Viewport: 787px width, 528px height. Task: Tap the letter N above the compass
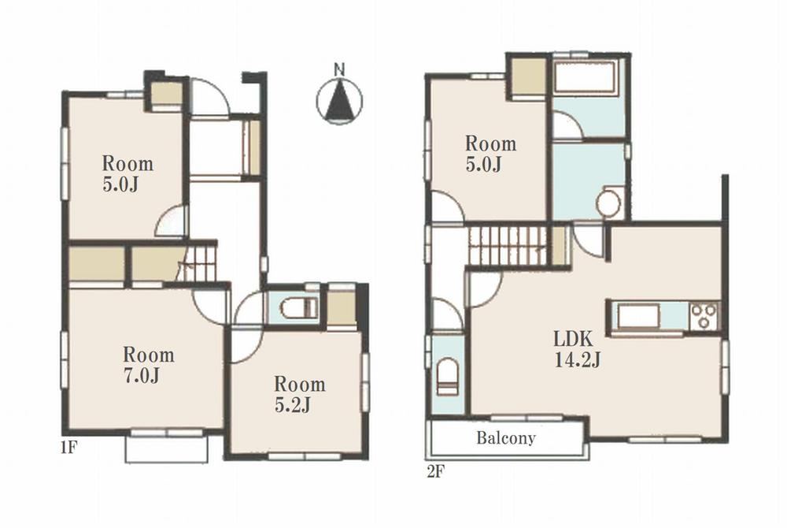(x=340, y=69)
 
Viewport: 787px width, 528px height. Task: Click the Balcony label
(x=506, y=438)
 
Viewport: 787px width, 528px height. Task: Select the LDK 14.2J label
(x=577, y=350)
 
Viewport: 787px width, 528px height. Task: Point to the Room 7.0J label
(x=149, y=365)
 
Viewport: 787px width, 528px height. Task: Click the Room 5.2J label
(x=300, y=394)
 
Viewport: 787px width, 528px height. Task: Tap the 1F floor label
(x=69, y=447)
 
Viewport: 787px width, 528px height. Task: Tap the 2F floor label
(x=436, y=472)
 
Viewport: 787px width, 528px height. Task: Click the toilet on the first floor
(x=298, y=308)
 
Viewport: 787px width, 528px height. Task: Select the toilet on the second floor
(x=448, y=377)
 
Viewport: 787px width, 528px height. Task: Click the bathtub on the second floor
(x=586, y=77)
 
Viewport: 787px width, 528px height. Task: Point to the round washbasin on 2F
(x=608, y=203)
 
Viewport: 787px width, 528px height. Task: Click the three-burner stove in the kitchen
(x=704, y=316)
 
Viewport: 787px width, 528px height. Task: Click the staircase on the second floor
(x=507, y=246)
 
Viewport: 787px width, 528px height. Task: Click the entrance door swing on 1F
(x=210, y=97)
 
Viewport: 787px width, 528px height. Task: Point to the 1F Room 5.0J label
(x=127, y=174)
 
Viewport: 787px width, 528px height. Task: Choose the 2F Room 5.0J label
(x=490, y=154)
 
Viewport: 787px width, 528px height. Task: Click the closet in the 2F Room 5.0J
(x=529, y=76)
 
